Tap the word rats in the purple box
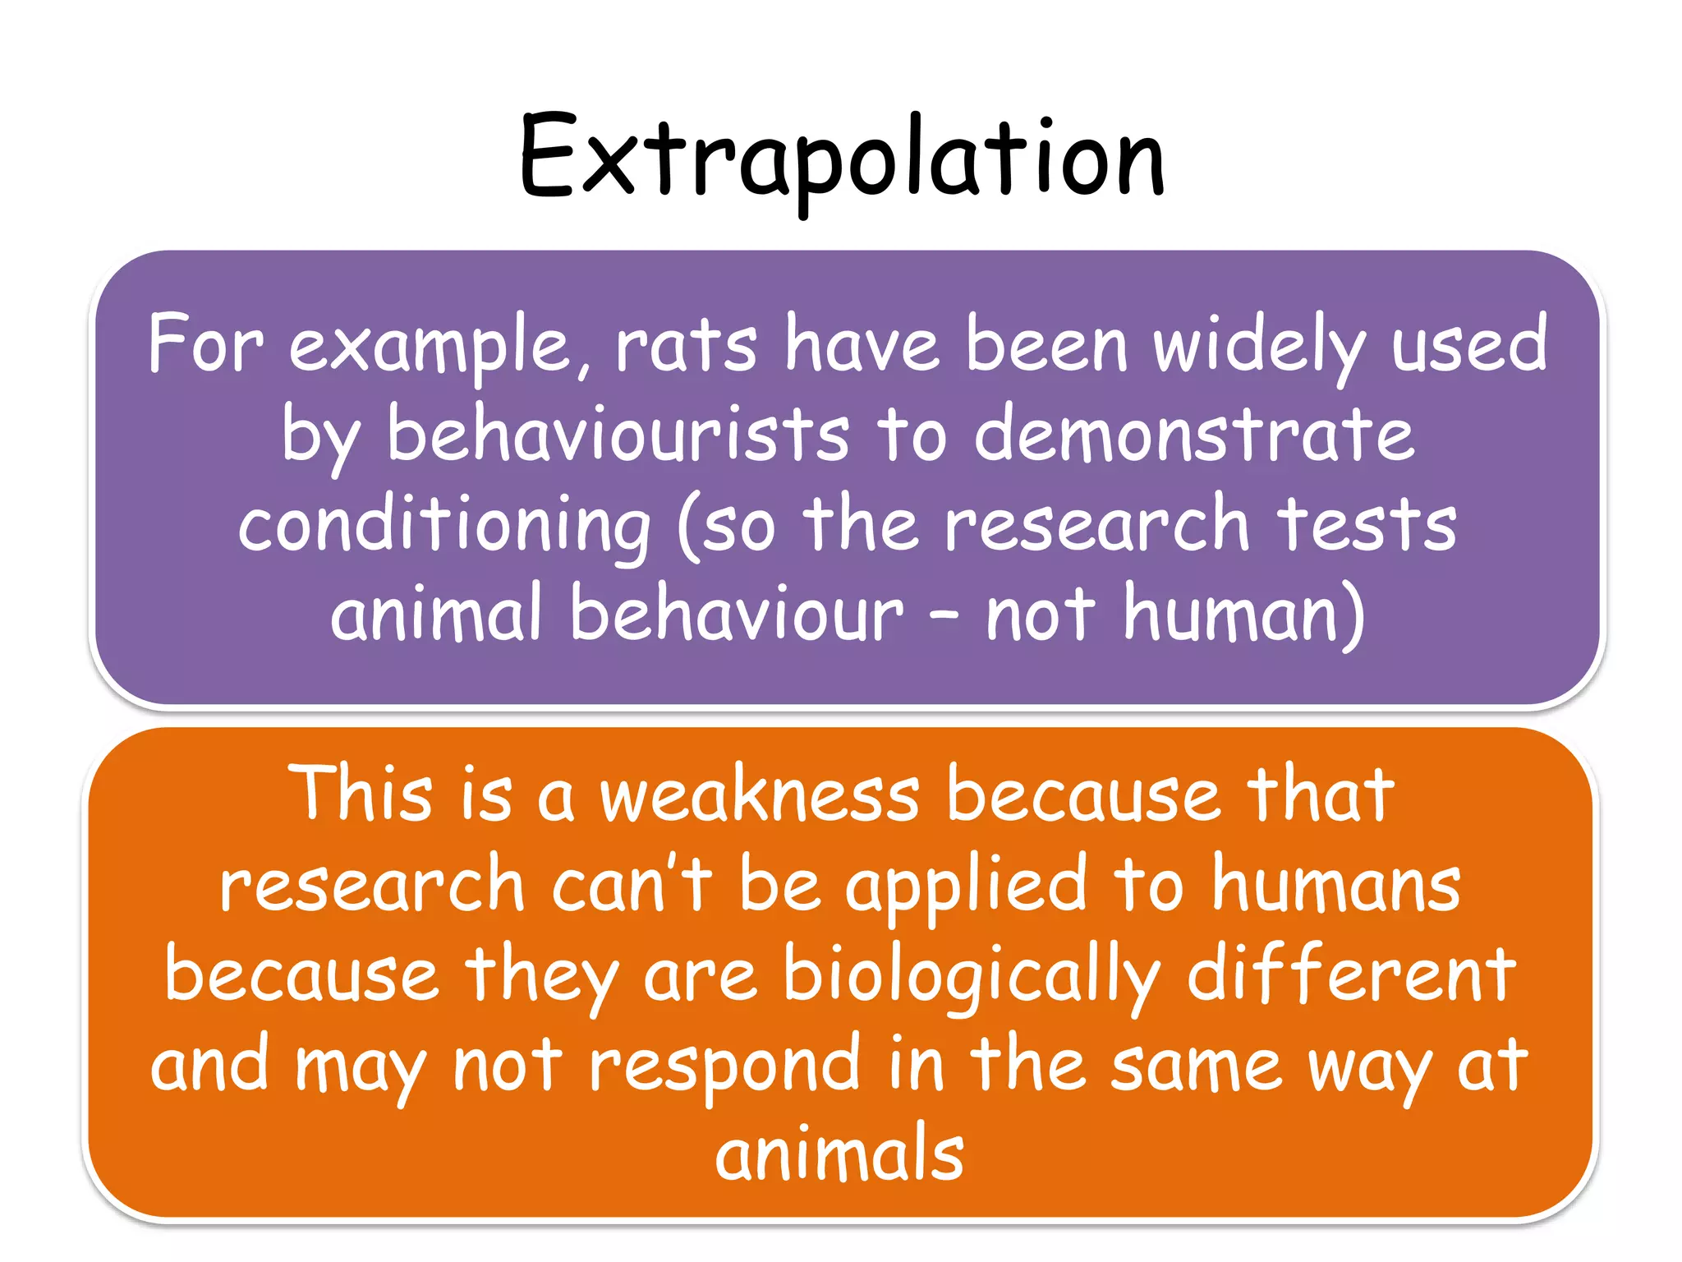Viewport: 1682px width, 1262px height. (686, 346)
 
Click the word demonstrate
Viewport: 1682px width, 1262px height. (1194, 435)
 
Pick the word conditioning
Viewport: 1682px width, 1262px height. (444, 526)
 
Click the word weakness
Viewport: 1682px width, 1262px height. (759, 795)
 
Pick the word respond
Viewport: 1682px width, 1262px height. (724, 1067)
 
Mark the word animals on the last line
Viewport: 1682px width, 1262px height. (839, 1154)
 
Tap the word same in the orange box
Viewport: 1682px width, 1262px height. (1196, 1066)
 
